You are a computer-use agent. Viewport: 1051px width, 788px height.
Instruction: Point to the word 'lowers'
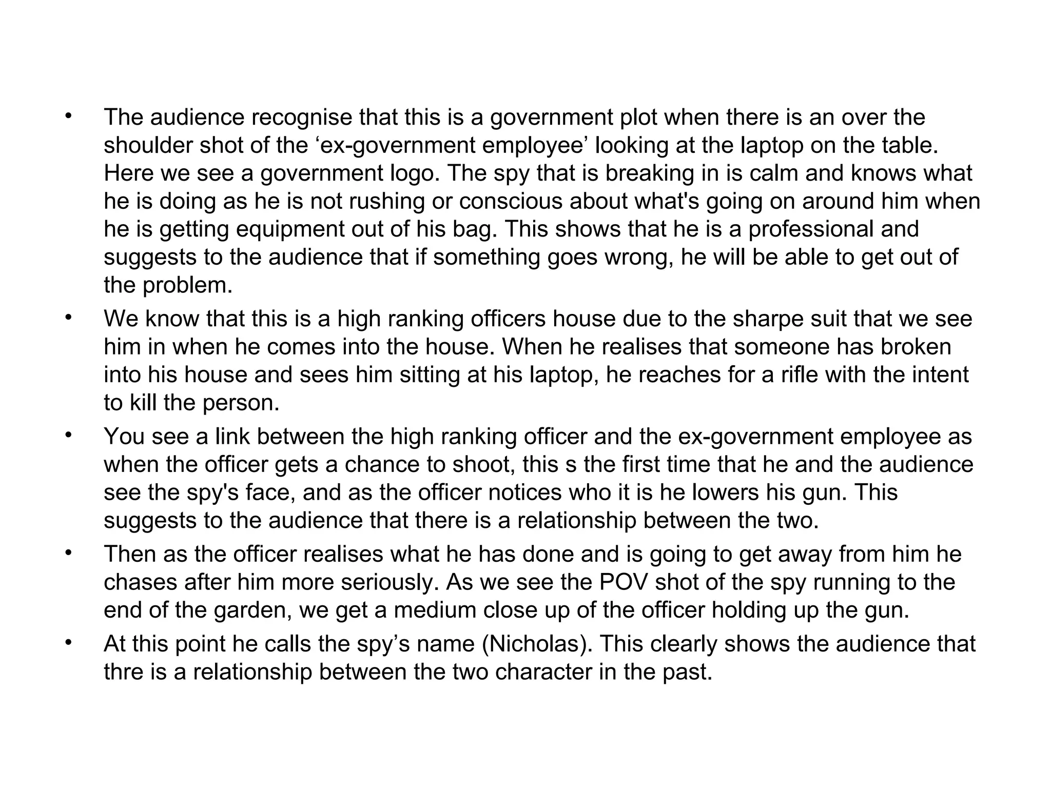(724, 493)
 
